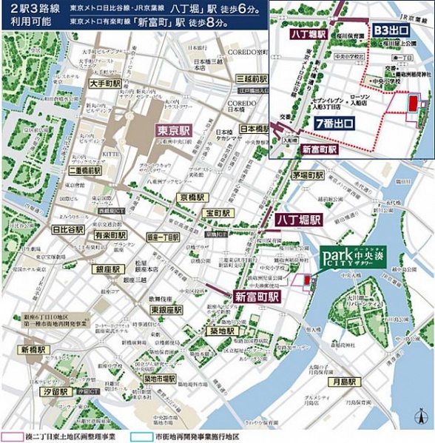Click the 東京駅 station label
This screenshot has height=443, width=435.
pyautogui.click(x=175, y=129)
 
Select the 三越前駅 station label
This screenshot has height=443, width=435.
pyautogui.click(x=251, y=78)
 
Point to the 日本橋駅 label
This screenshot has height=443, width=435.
pyautogui.click(x=254, y=128)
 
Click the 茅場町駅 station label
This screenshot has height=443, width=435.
pyautogui.click(x=307, y=176)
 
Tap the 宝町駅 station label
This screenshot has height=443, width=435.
pyautogui.click(x=220, y=212)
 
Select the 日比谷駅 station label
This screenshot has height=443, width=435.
pyautogui.click(x=67, y=230)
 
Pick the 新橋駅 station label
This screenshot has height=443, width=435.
pyautogui.click(x=34, y=349)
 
